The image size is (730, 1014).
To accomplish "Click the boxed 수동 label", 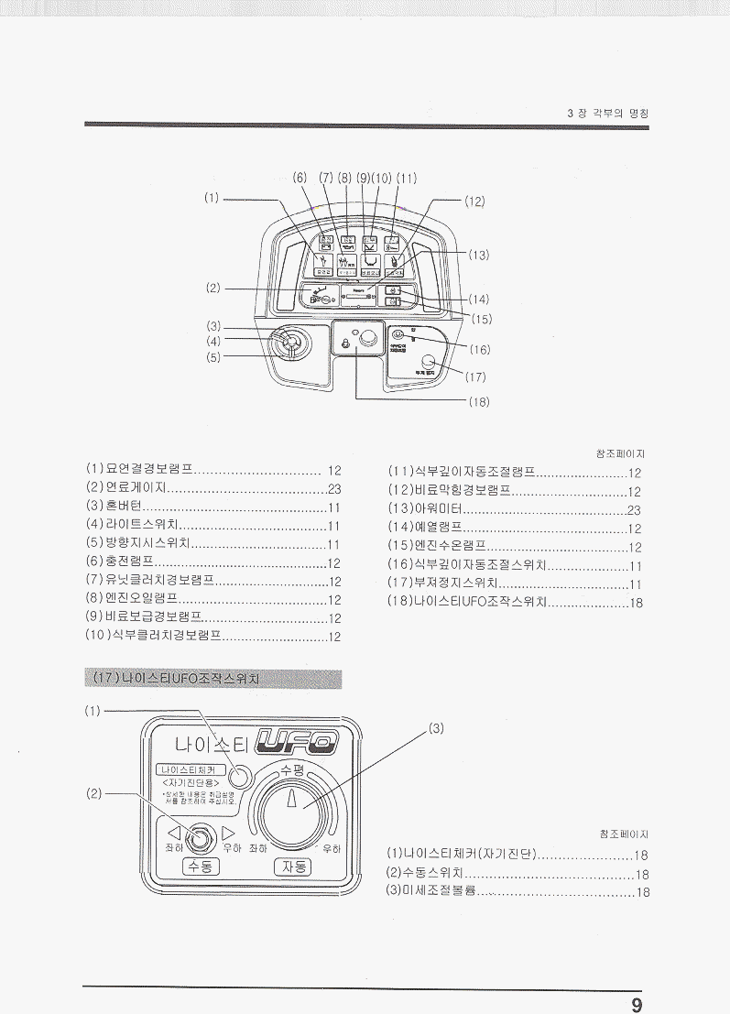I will [x=200, y=866].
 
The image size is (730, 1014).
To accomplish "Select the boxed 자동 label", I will [x=293, y=866].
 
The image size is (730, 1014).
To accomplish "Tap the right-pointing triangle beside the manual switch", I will [x=229, y=833].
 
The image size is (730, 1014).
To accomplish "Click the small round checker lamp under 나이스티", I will [x=240, y=776].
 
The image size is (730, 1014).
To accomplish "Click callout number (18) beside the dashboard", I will [x=479, y=401].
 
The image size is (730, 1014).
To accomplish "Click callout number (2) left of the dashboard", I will [x=213, y=289].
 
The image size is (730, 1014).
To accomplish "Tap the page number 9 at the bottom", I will [x=637, y=1003].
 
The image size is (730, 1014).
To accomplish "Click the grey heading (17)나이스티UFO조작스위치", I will [x=213, y=679].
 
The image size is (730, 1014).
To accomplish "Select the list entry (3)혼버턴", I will [x=112, y=507].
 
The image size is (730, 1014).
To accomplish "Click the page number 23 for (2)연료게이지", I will [x=334, y=488].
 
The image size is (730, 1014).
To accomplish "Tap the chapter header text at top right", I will [x=608, y=114].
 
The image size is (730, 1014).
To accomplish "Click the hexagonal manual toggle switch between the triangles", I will [x=201, y=834].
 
